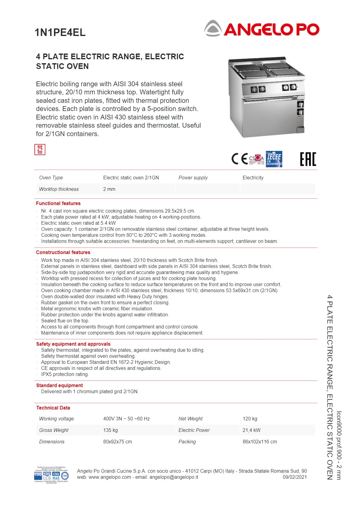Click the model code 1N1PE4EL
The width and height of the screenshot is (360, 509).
[x=60, y=32]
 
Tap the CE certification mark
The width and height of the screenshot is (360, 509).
[x=240, y=158]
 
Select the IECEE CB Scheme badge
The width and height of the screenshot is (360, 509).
[x=274, y=159]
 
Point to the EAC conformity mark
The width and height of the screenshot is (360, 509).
[x=308, y=159]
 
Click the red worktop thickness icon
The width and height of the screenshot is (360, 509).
[x=40, y=150]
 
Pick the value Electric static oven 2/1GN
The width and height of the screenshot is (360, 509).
[x=131, y=178]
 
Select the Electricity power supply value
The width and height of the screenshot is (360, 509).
[x=253, y=178]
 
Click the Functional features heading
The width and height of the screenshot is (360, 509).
[x=58, y=204]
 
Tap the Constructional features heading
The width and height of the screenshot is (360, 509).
[x=63, y=253]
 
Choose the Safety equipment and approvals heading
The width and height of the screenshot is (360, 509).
[x=73, y=344]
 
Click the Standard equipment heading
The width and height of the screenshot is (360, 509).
[x=59, y=386]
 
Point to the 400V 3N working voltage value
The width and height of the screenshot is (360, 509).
[x=126, y=419]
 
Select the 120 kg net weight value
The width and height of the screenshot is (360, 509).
[x=250, y=419]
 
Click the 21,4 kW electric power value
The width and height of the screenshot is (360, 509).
[x=251, y=430]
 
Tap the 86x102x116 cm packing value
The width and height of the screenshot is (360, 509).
[x=260, y=442]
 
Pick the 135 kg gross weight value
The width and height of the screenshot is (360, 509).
[x=110, y=430]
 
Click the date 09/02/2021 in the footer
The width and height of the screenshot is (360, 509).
[x=295, y=477]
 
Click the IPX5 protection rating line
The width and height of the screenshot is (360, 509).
[x=65, y=374]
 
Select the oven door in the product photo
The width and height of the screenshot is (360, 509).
[x=268, y=116]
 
